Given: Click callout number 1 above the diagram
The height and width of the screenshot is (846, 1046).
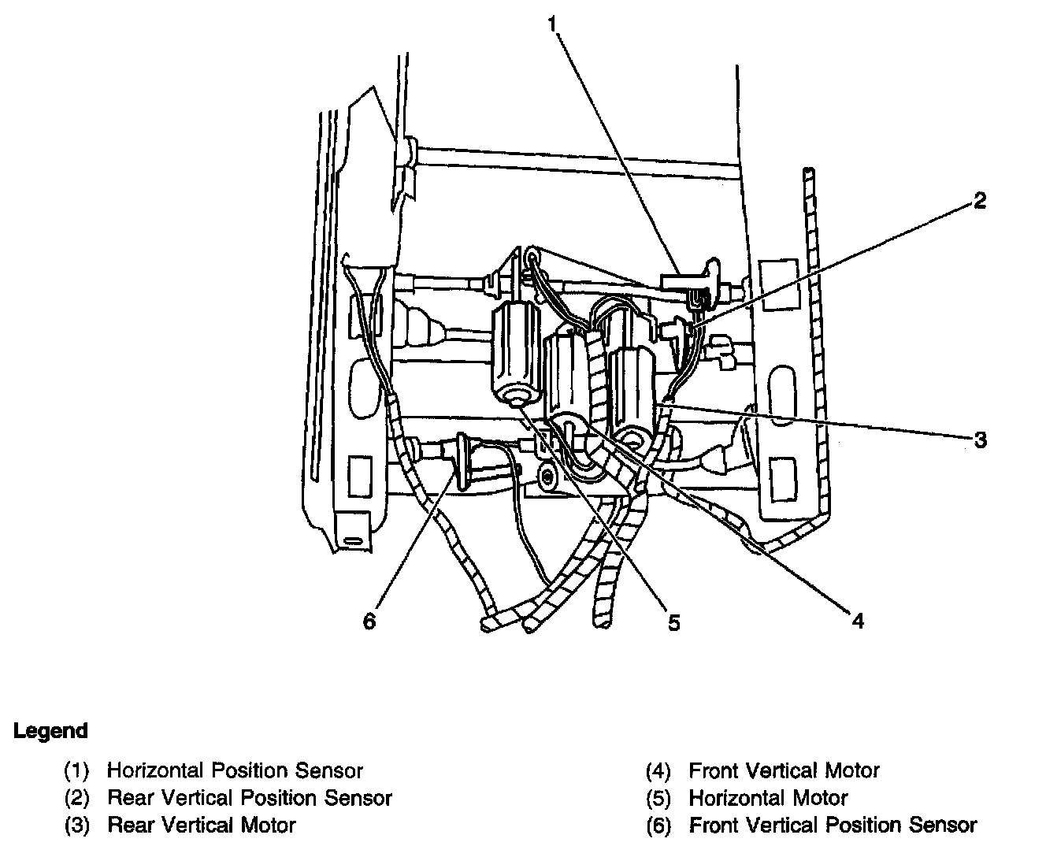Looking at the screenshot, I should pos(553,24).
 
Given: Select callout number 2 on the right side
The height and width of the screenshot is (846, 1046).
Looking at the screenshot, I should pos(979,201).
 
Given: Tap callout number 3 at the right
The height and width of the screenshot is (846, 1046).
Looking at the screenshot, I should pos(980,440).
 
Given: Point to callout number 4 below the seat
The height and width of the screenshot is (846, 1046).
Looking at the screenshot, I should pos(858,622).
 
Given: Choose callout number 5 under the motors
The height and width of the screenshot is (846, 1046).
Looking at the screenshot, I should pos(673,622).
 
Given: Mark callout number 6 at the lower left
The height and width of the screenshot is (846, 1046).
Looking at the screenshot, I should pos(369,622).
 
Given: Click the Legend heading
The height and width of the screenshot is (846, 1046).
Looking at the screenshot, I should pos(50,730).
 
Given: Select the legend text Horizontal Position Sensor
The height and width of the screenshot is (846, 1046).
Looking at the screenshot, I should pos(235,770).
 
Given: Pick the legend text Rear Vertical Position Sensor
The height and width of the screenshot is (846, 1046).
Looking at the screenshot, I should pos(249,798).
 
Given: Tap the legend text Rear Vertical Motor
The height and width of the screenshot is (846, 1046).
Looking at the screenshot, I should pos(201,826).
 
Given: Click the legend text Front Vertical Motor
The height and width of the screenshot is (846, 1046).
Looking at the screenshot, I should pos(784,770).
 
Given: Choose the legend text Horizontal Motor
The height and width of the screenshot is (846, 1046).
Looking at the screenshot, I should pos(768,798).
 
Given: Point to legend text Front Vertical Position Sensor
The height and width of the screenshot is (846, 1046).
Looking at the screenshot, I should pos(833,826).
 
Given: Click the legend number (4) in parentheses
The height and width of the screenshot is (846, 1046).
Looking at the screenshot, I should pos(658,771).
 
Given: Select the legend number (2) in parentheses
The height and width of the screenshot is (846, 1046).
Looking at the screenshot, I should pos(76,799).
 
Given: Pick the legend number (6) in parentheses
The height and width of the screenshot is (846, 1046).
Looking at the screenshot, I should pos(658,826).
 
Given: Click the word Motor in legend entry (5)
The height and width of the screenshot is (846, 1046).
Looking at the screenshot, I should pos(822,798).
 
